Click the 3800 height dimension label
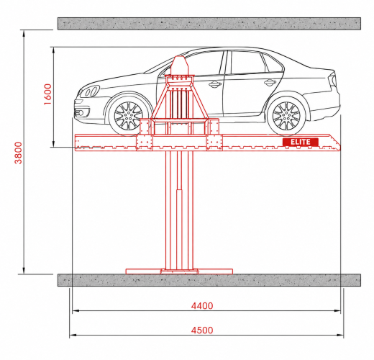(x=18, y=153)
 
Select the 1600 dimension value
(x=47, y=94)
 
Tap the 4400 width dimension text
(x=202, y=306)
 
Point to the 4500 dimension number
(x=202, y=330)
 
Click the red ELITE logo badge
(x=301, y=142)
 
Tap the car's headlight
(x=90, y=91)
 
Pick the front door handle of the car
(x=215, y=84)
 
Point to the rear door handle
(x=270, y=83)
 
